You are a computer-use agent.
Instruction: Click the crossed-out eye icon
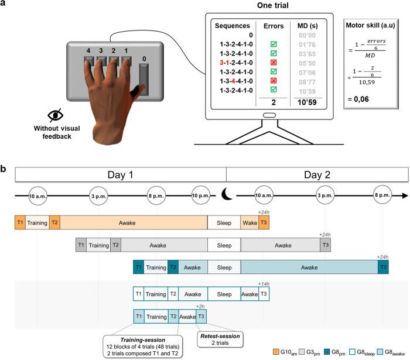(56, 115)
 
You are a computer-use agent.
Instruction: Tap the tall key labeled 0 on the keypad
(144, 79)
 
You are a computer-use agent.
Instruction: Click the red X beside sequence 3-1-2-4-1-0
(274, 63)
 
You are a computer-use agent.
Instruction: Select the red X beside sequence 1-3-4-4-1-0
(274, 80)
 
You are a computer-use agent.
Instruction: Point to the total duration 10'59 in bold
(307, 102)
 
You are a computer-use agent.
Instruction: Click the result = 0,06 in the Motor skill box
(358, 100)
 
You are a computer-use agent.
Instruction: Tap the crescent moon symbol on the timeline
(227, 194)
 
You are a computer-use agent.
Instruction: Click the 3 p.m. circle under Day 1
(98, 196)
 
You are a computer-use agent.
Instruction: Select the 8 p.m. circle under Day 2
(382, 195)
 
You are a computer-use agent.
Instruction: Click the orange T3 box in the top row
(264, 222)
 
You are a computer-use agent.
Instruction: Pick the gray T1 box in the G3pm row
(81, 245)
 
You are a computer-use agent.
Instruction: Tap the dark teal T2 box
(173, 267)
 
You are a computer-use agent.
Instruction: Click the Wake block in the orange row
(250, 222)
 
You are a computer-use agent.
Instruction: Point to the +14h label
(264, 284)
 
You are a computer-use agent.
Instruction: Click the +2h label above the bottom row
(200, 306)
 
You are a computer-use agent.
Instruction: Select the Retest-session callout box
(220, 340)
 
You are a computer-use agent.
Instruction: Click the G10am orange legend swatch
(276, 352)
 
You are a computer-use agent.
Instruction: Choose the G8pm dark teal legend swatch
(327, 352)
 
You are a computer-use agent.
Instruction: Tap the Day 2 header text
(317, 175)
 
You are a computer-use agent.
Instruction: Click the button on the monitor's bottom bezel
(269, 115)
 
